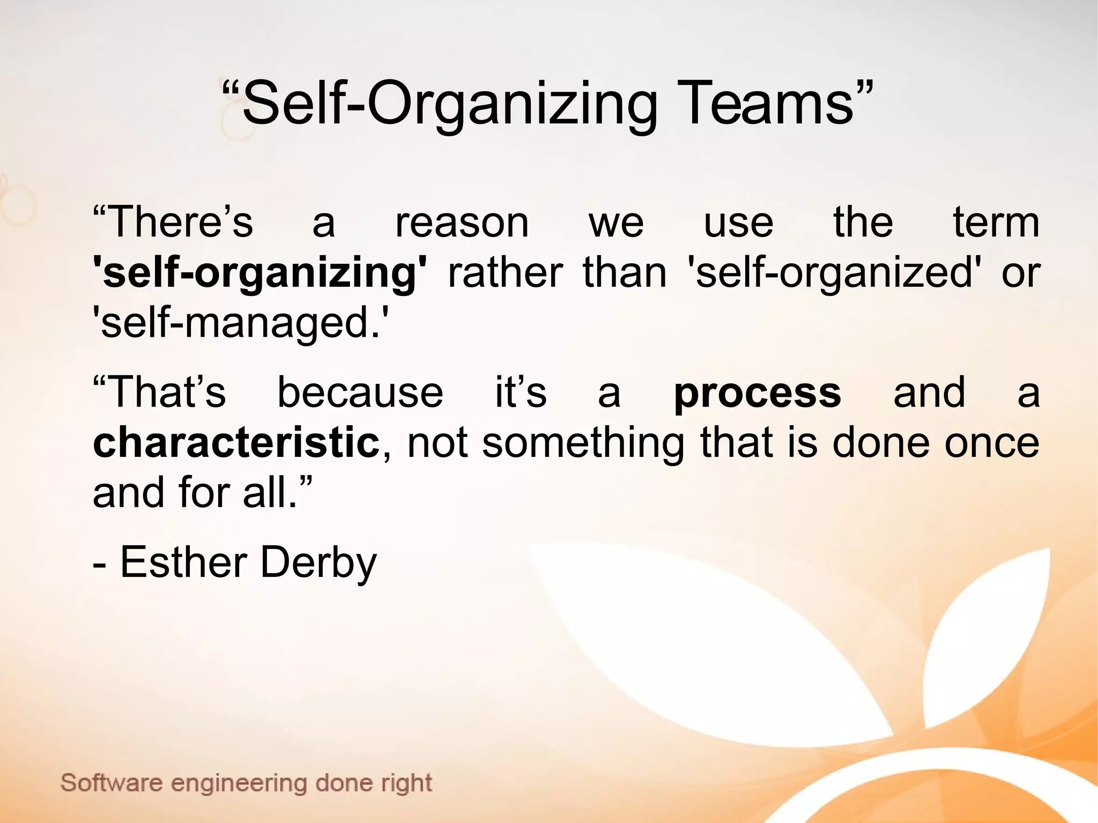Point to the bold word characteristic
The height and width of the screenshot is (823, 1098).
[x=236, y=443]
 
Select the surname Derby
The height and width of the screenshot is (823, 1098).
[x=318, y=563]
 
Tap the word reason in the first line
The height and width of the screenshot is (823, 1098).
[x=462, y=223]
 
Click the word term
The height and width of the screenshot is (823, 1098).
[x=996, y=222]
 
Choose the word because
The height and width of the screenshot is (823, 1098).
[x=360, y=392]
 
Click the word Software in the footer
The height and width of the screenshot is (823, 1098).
[x=111, y=783]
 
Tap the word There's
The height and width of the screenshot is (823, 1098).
[x=173, y=222]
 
